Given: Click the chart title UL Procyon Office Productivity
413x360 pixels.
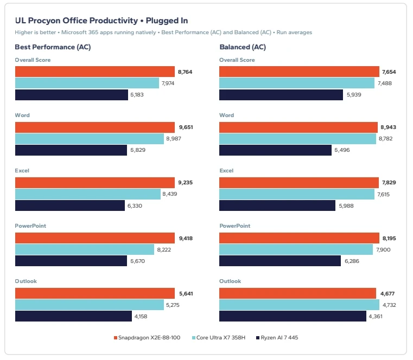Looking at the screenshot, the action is click(77, 21).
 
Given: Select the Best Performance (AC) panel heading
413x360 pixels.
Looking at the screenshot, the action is click(53, 47).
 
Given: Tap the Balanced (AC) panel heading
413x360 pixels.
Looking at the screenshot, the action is click(243, 47).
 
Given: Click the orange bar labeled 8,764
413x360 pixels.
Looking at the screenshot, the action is click(95, 72).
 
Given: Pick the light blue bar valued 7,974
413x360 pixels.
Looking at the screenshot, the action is click(87, 83).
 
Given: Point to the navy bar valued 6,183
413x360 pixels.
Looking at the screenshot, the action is click(72, 95).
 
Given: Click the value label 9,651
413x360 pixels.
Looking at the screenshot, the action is click(186, 127).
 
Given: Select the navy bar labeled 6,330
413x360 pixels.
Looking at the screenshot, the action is click(70, 205).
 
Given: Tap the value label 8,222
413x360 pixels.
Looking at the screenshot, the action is click(164, 250).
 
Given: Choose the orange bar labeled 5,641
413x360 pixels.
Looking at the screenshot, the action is click(95, 293).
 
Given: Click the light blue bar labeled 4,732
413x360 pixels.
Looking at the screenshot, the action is click(299, 305).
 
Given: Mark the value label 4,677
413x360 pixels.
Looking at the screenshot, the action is click(387, 293).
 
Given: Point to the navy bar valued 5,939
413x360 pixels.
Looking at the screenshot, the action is click(281, 95).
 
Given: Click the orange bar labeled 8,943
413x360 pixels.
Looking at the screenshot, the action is click(298, 127).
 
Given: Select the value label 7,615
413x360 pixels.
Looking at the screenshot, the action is click(383, 195).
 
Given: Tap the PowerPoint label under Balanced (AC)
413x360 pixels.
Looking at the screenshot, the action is click(234, 226).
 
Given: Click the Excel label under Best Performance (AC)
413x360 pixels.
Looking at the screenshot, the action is click(22, 171).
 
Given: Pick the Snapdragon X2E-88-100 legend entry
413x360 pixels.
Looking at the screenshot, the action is click(147, 338).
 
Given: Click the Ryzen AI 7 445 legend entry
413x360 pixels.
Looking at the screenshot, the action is click(277, 338).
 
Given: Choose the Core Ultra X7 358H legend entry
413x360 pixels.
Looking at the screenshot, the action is click(219, 338).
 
